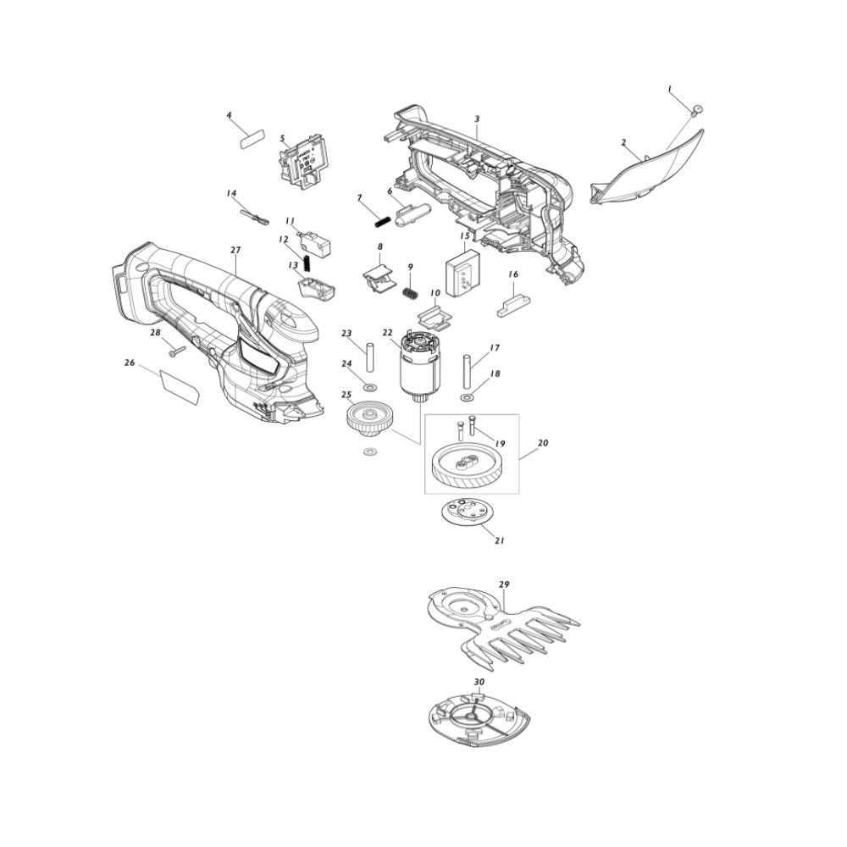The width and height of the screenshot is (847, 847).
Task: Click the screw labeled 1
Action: (x=696, y=110)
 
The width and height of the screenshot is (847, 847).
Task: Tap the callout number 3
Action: (x=478, y=119)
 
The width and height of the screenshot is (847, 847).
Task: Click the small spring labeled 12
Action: (x=307, y=263)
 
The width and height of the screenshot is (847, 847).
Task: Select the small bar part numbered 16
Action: (x=513, y=307)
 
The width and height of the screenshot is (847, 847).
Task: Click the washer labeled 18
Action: (x=466, y=398)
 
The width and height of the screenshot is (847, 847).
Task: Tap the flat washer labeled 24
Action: (x=371, y=387)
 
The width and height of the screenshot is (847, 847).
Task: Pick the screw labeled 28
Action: (x=177, y=352)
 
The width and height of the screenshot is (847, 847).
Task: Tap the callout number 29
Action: (x=504, y=584)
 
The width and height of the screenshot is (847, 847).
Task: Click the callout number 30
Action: (x=479, y=682)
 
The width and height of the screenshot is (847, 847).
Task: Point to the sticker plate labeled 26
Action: (x=180, y=387)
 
